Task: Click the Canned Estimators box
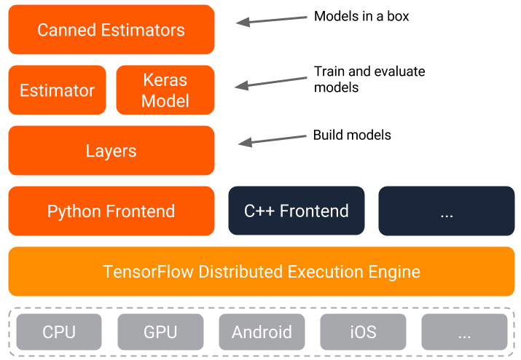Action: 111,30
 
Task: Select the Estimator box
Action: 57,90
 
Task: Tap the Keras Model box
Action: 165,90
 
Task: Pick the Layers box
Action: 111,151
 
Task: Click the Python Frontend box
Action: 111,211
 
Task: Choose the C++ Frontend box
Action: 296,211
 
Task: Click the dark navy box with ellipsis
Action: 446,211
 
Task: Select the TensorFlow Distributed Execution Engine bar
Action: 261,272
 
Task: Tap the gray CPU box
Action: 59,332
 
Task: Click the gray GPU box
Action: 160,332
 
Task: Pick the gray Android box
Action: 262,332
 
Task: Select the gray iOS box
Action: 362,332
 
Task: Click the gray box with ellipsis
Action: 463,332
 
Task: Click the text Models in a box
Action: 361,16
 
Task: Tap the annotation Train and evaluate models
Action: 369,79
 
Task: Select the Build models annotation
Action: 352,135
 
